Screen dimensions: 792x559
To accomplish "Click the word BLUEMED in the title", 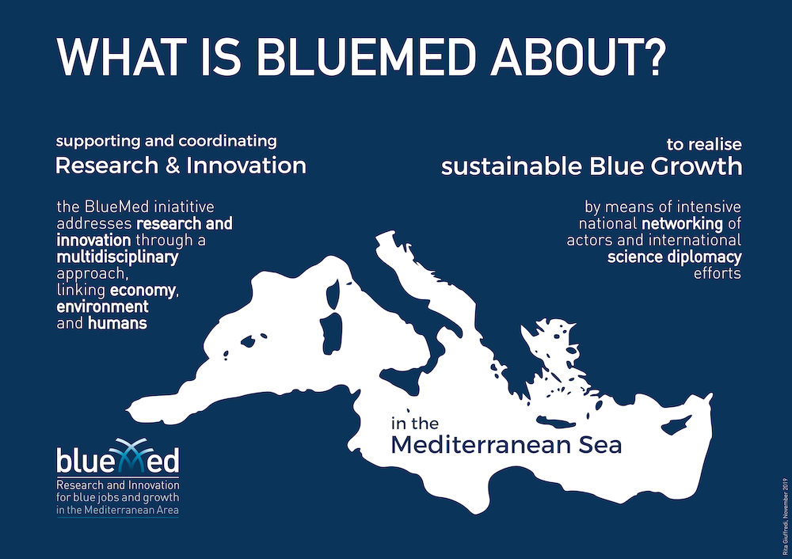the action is coord(365,56).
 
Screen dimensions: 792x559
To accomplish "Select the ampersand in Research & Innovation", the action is coord(173,165).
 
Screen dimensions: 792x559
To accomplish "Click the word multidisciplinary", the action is coord(117,257).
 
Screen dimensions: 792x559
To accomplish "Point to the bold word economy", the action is coord(143,291).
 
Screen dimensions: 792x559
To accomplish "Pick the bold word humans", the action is coord(117,323).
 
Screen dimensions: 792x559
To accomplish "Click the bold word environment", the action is coord(102,306).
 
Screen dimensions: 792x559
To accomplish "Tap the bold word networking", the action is coord(682,224).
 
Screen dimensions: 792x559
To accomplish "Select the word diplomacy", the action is coord(705,257).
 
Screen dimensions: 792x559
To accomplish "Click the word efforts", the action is coord(718,273).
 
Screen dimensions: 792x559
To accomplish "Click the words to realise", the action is coord(704,144).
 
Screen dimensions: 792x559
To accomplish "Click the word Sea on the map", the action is coord(600,445).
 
